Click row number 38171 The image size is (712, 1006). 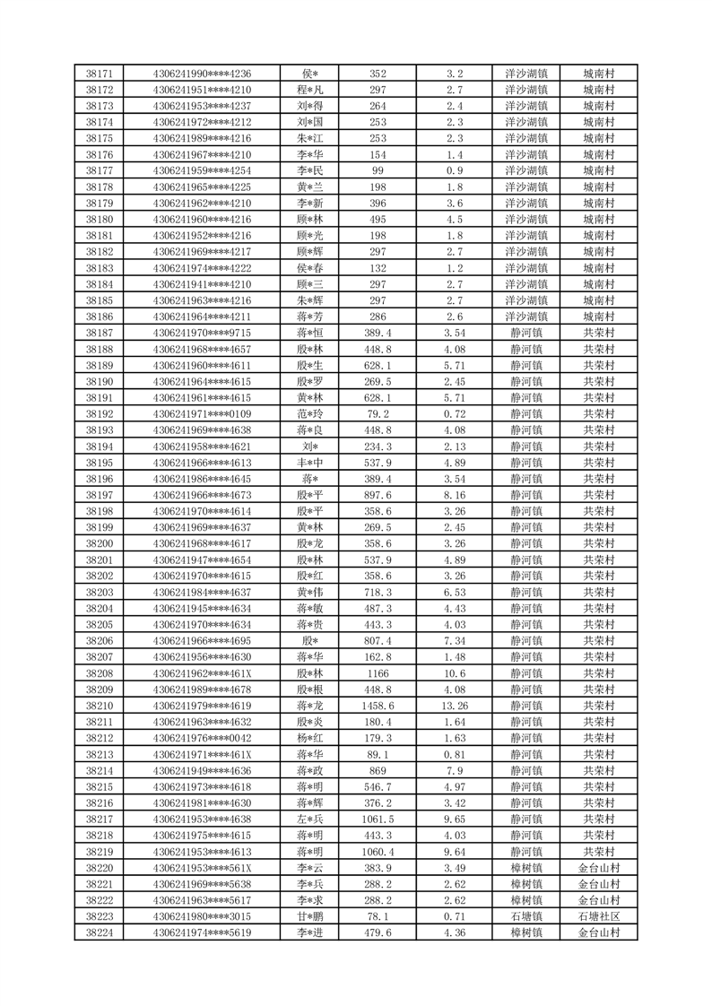(99, 74)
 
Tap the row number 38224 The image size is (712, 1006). (99, 932)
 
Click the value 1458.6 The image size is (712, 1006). (378, 706)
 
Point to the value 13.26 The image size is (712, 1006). (455, 706)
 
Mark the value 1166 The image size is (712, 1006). (378, 673)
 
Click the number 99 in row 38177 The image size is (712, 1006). (378, 170)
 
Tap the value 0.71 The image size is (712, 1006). (455, 916)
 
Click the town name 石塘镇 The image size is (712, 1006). (526, 916)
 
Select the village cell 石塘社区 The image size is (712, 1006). (599, 916)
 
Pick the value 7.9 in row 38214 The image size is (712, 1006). (455, 770)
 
